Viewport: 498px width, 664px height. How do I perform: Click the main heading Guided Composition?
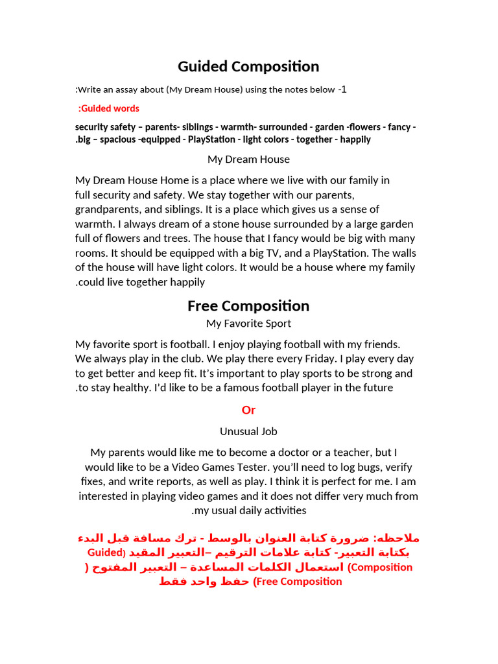coord(248,67)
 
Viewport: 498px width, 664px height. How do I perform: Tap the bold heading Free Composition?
coord(248,306)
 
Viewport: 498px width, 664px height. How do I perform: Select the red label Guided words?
coord(109,108)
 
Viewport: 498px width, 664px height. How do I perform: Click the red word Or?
coord(248,410)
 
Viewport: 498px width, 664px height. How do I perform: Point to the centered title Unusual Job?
coord(248,431)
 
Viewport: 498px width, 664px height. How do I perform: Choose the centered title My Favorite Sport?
coord(248,323)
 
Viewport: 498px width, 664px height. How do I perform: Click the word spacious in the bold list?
coord(117,139)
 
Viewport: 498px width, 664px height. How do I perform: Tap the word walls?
coord(402,254)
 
